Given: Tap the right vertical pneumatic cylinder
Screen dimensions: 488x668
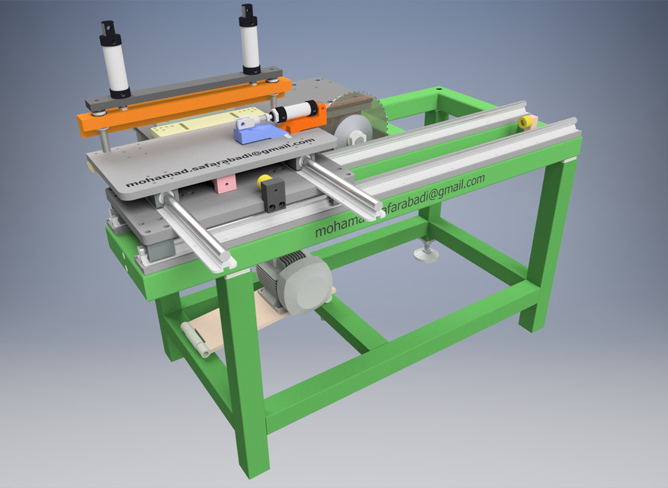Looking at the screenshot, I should point(249,42).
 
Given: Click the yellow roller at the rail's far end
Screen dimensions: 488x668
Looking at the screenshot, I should point(525,122).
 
